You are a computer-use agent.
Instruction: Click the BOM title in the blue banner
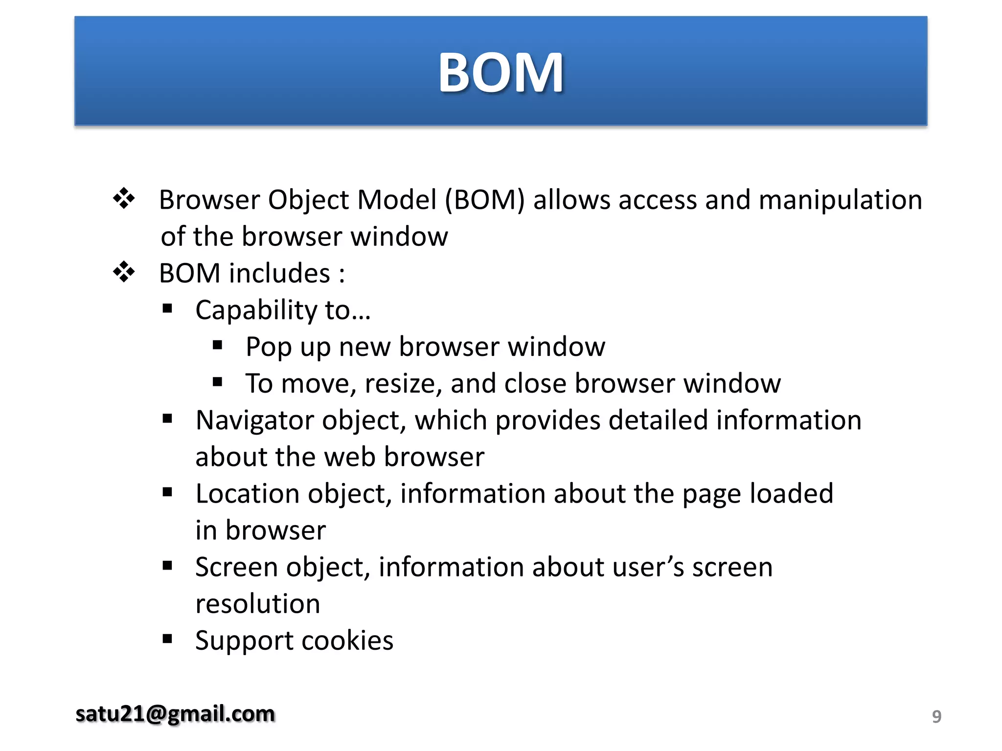coord(501,73)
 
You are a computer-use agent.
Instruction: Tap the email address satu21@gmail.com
coord(175,714)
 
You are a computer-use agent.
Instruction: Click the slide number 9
coord(936,716)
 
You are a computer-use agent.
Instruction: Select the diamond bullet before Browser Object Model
coord(124,199)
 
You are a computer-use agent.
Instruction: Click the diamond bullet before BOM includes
coord(124,272)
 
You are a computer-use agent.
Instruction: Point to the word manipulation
coord(840,200)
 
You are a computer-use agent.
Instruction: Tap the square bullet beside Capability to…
coord(168,309)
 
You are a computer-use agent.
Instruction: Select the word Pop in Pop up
coord(269,347)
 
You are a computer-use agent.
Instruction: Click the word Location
coord(247,494)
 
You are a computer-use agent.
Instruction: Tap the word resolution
coord(258,604)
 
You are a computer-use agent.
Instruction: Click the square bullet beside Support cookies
coord(168,639)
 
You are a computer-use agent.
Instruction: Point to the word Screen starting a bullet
coord(236,567)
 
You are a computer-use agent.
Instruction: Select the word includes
coord(280,273)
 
